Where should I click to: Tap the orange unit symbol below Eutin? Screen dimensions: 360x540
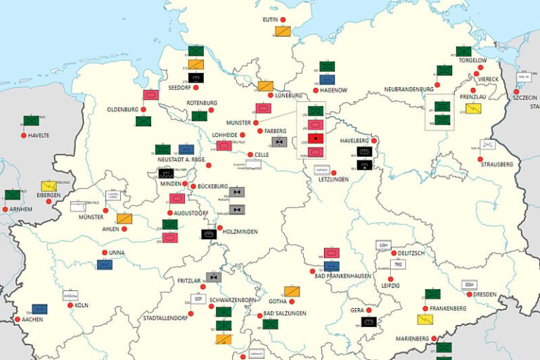[283, 31]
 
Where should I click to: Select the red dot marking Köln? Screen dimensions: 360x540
[70, 305]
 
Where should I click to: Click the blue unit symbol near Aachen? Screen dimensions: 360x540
[39, 309]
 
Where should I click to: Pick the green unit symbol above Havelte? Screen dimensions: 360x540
[31, 121]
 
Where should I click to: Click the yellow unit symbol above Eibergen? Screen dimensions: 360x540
[49, 186]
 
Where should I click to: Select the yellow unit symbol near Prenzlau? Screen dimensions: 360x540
[474, 109]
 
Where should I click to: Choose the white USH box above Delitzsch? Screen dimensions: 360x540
[383, 245]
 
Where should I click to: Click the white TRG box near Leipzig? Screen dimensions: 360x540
[397, 265]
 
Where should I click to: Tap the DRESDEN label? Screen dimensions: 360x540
[484, 294]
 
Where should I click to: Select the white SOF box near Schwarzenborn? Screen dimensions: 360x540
[199, 299]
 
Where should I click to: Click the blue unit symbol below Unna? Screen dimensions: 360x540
[105, 264]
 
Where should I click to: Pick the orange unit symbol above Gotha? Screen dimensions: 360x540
[292, 291]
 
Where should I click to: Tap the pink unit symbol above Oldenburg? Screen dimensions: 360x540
[150, 95]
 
